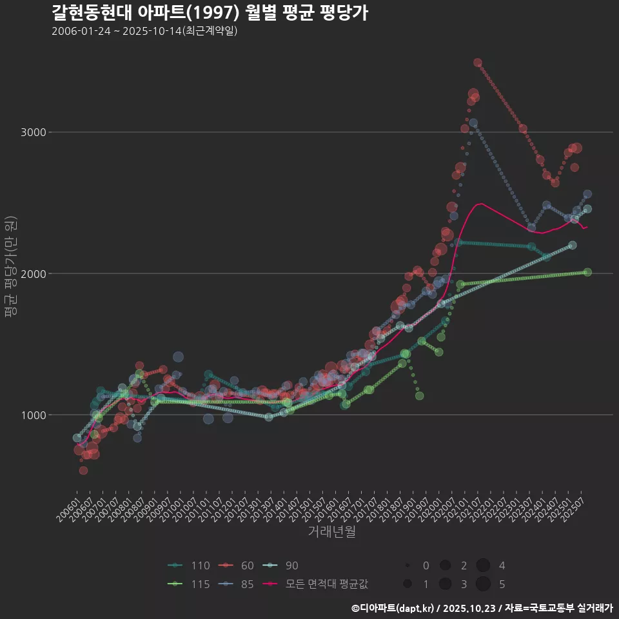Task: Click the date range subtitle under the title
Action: [145, 31]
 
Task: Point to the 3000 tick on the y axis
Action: [36, 133]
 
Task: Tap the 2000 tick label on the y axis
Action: [36, 274]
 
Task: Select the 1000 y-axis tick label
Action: [36, 415]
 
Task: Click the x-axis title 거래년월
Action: [331, 531]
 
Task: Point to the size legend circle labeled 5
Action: [483, 584]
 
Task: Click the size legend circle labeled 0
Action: [408, 565]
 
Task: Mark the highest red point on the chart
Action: [478, 63]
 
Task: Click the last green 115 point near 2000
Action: [587, 272]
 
